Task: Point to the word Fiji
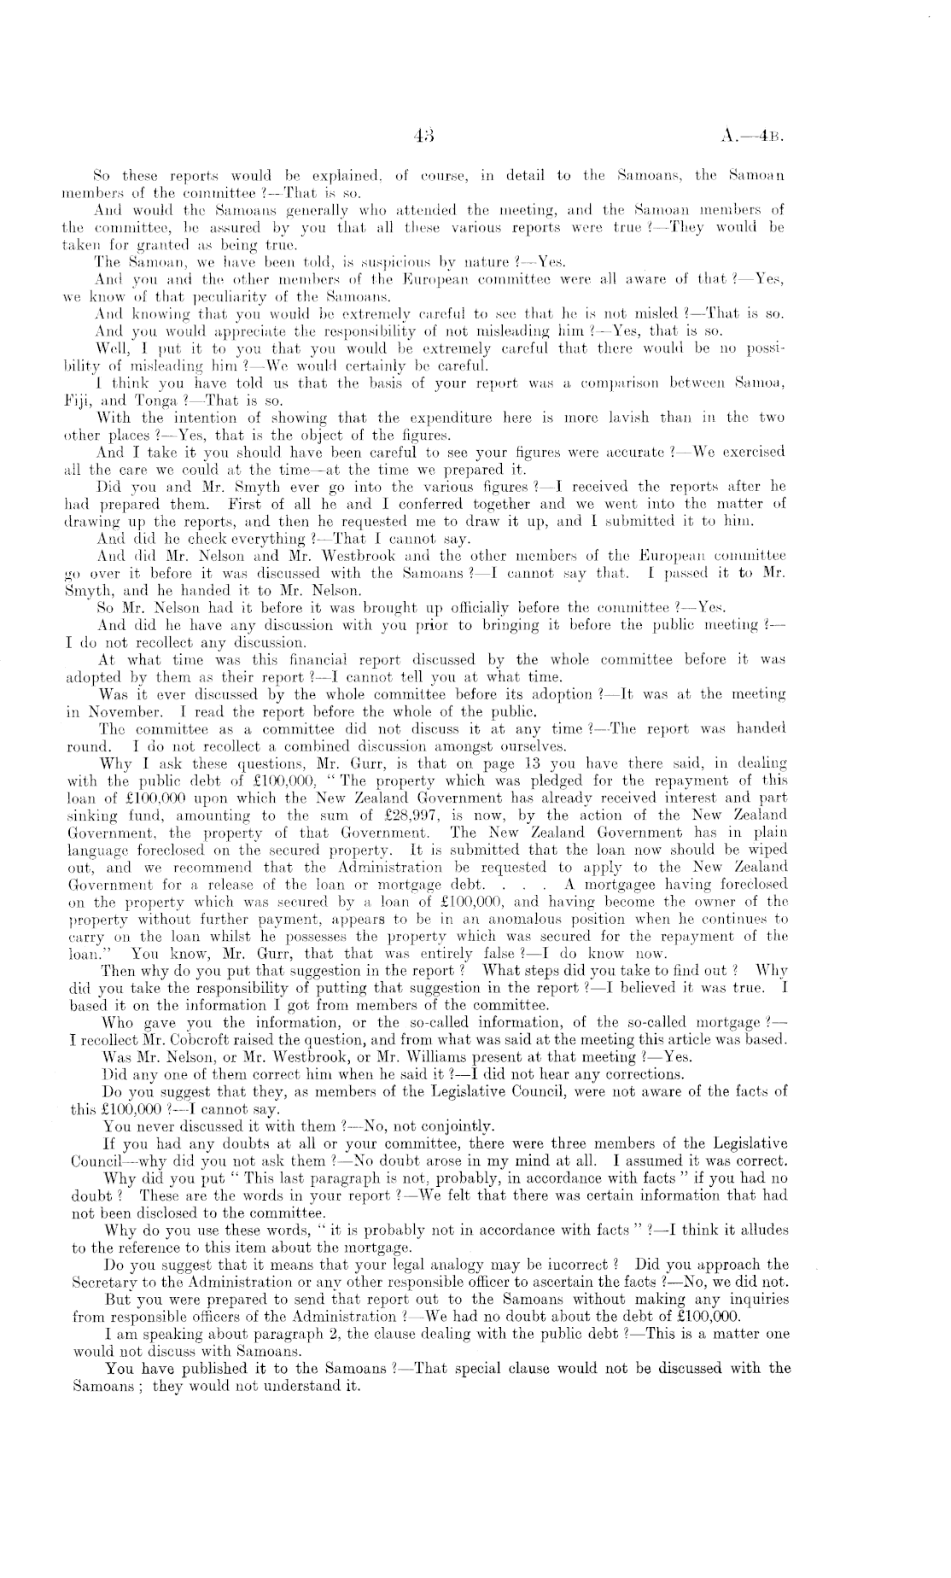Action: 81,400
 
